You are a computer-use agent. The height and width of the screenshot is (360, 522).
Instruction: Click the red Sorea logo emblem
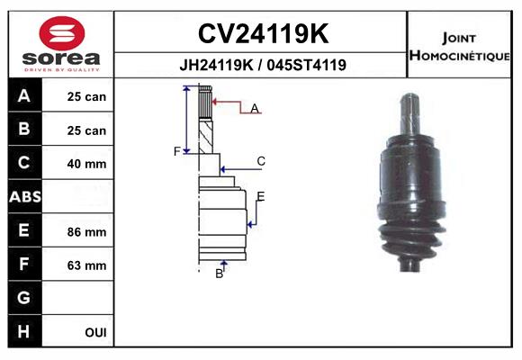click(62, 33)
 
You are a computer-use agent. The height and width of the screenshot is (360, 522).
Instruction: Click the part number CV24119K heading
click(264, 33)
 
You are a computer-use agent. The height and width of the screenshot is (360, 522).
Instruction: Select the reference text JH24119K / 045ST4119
click(263, 65)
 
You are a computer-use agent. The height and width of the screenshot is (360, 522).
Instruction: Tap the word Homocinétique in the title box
click(459, 55)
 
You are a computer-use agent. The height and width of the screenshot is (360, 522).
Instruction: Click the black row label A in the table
click(24, 96)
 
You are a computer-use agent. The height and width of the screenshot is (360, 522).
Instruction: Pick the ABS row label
click(25, 197)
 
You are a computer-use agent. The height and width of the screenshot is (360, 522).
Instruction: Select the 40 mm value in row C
click(86, 164)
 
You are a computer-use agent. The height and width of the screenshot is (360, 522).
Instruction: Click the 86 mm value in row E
click(86, 232)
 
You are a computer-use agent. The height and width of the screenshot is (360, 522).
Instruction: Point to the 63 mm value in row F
click(86, 265)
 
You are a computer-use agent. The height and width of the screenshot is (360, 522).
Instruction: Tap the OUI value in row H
click(96, 332)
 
